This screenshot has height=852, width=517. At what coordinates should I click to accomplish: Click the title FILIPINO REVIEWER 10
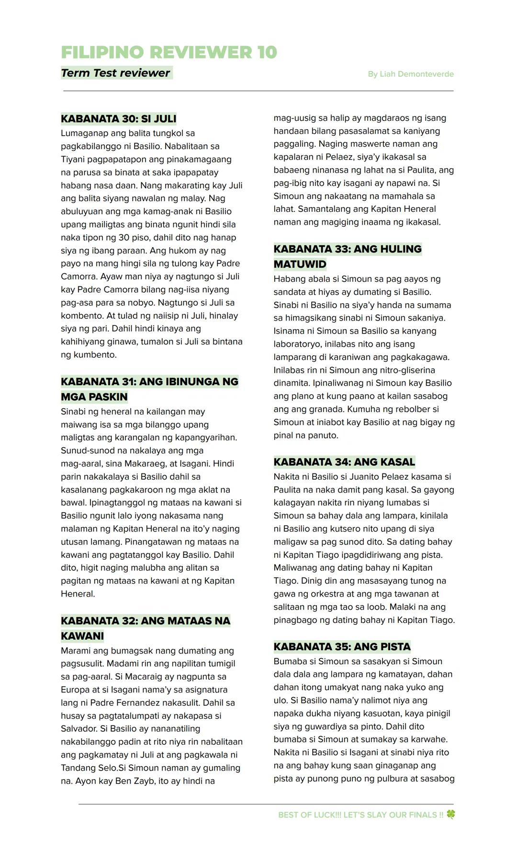click(169, 52)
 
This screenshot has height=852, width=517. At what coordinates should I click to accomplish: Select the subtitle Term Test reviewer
click(115, 73)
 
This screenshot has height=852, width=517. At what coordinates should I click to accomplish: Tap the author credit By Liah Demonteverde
click(410, 74)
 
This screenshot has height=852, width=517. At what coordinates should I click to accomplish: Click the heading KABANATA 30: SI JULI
click(118, 118)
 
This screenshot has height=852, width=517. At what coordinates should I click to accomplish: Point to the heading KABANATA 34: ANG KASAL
click(344, 462)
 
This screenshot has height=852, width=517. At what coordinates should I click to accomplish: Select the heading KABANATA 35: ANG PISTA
click(342, 646)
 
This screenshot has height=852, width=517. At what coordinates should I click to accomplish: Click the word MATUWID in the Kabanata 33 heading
click(300, 264)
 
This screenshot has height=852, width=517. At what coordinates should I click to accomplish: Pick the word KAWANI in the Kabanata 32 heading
click(82, 636)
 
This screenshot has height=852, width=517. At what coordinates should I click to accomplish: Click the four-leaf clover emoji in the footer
click(450, 814)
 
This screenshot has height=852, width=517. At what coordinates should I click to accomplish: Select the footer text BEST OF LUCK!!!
click(309, 815)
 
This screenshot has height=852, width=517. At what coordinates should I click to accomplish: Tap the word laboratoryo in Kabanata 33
click(296, 344)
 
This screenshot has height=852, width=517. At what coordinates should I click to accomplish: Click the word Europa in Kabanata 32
click(76, 690)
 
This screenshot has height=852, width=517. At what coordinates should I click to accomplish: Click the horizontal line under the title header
click(258, 91)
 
